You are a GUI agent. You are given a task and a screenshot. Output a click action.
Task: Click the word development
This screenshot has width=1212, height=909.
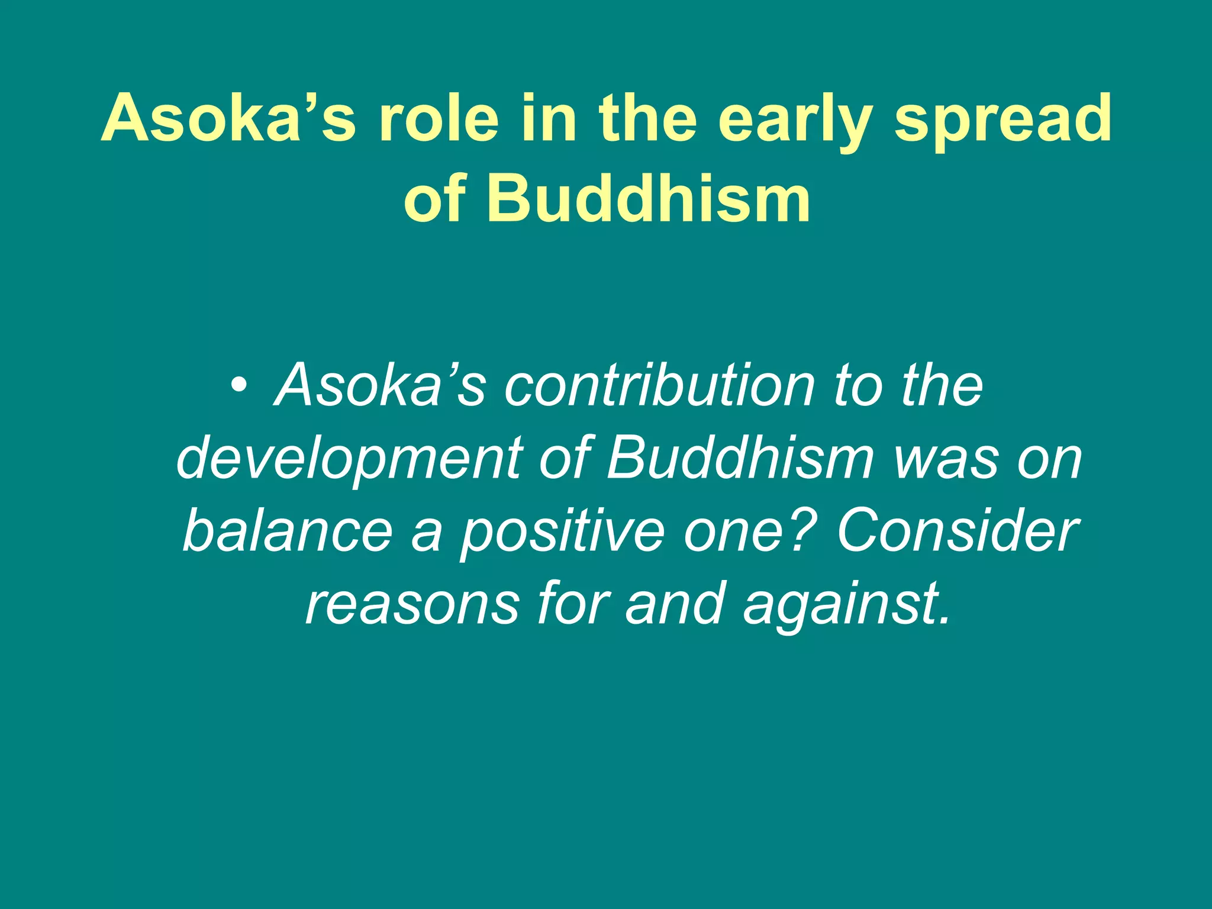pos(350,459)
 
